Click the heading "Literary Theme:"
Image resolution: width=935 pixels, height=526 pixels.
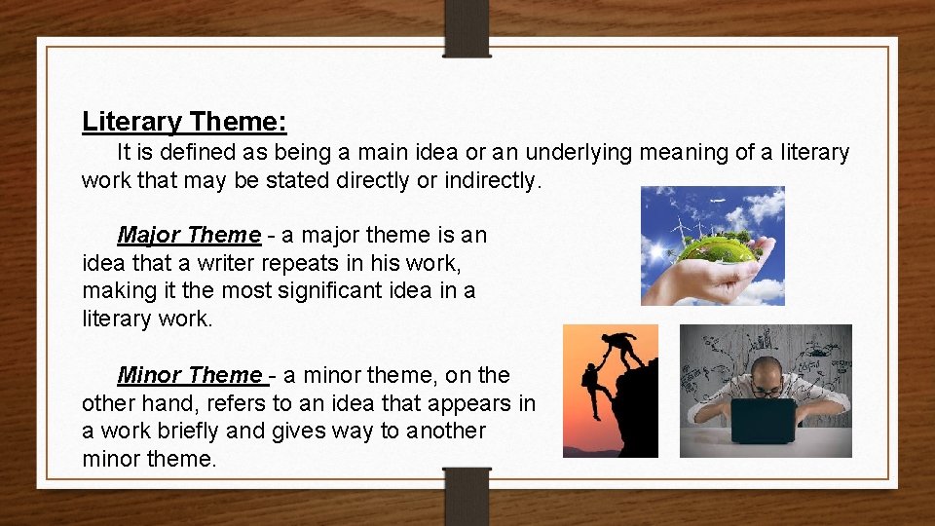(x=184, y=122)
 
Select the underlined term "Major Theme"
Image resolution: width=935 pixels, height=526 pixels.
(x=189, y=235)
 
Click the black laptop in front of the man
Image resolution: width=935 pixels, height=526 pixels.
(x=764, y=420)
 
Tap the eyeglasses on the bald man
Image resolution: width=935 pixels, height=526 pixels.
(x=767, y=391)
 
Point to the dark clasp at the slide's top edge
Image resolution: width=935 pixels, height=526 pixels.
(x=467, y=28)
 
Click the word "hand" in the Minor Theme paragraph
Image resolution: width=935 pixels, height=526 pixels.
(x=166, y=403)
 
